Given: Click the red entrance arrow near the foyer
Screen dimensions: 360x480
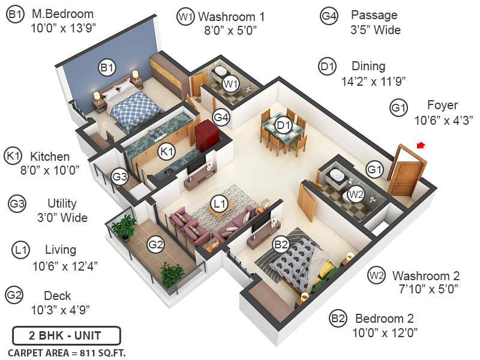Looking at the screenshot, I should pos(421,145).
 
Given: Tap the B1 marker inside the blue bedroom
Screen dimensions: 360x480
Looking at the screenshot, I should pos(107,68).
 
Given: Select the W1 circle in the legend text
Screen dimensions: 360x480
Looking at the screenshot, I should pos(185,17).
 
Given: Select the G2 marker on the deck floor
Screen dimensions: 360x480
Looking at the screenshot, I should pos(156,244).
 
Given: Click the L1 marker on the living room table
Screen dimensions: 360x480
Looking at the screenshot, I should pos(220,205).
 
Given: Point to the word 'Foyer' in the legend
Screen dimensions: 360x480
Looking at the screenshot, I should pos(442,105).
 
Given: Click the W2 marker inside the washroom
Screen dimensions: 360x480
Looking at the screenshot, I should pos(356,194).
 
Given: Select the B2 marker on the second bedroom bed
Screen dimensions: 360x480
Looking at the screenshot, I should pos(281,244).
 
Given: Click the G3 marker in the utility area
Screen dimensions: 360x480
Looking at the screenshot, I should pos(119,177).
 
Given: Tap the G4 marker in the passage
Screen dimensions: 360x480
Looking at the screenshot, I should pos(221,117).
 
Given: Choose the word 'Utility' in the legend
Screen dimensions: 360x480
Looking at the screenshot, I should pos(62,203).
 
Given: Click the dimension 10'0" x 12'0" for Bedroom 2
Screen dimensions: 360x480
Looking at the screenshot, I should pos(386,332).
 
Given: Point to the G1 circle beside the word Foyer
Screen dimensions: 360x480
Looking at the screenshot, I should pos(398,108).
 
